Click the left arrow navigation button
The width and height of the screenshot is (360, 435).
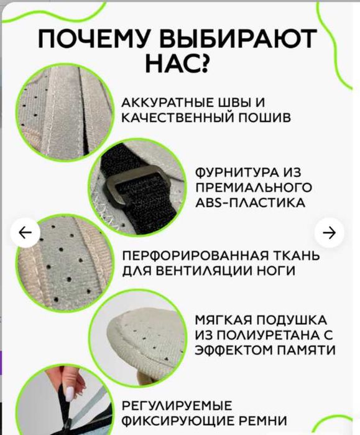point(25,233)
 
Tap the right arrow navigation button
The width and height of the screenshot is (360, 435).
point(330,233)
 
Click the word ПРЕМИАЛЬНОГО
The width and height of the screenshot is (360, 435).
point(254,187)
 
